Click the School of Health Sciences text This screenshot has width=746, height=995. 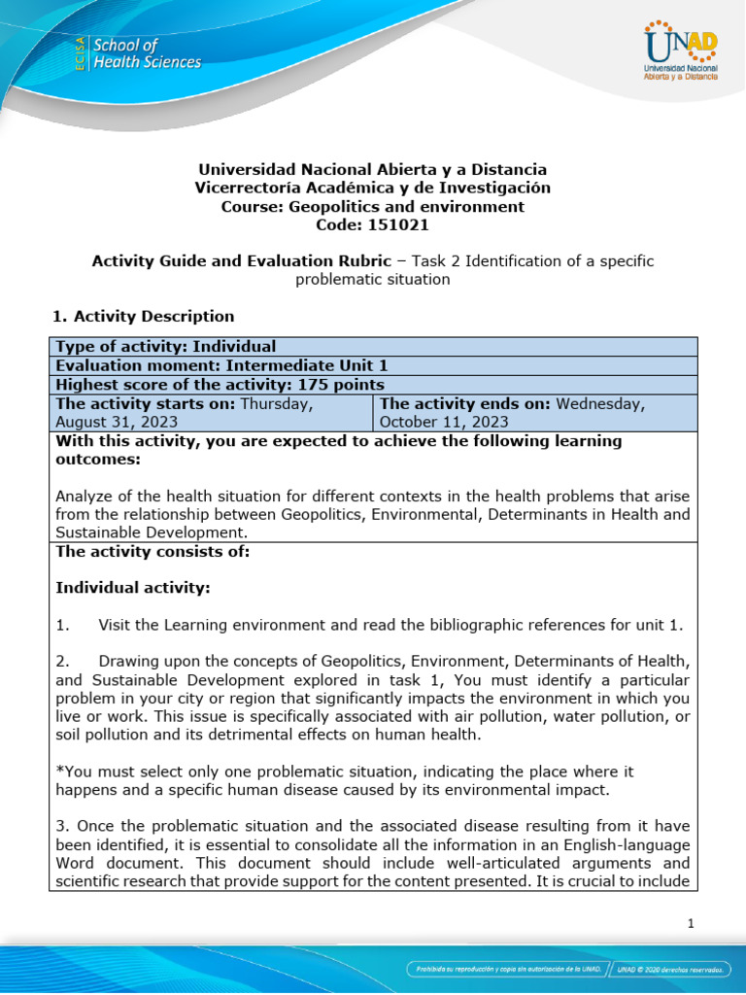(x=146, y=53)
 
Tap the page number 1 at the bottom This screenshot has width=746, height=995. (x=691, y=924)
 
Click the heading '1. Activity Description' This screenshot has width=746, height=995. (x=142, y=316)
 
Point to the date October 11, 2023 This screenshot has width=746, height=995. (x=444, y=422)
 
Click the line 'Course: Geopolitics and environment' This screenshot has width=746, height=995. (x=372, y=206)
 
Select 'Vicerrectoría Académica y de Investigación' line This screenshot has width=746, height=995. (x=372, y=188)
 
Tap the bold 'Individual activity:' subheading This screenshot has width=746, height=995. (x=132, y=588)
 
